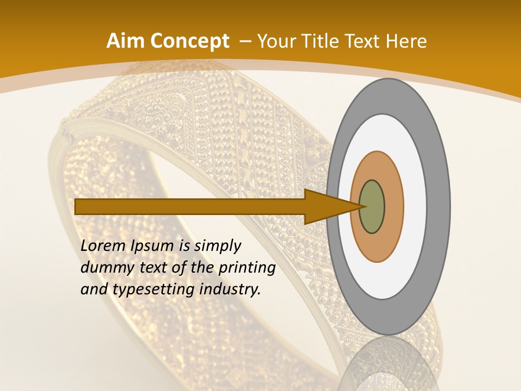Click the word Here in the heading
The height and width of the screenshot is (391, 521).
pyautogui.click(x=407, y=41)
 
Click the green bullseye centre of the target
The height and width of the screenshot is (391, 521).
pyautogui.click(x=372, y=206)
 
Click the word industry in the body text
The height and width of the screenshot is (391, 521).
pyautogui.click(x=230, y=290)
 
